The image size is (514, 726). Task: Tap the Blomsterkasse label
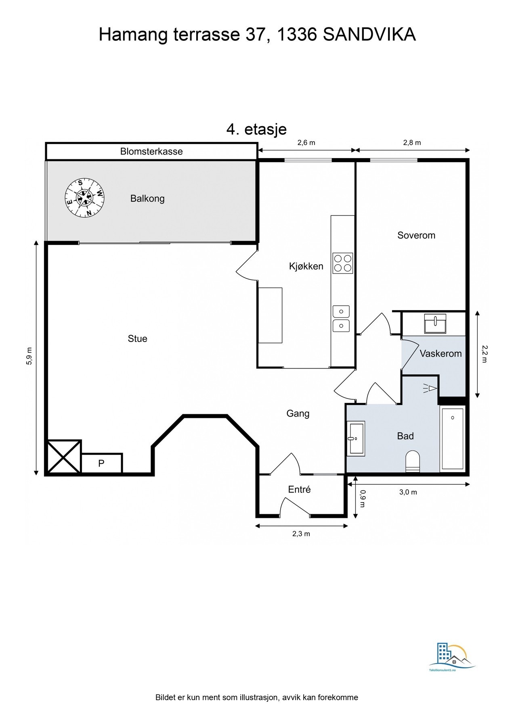(151, 152)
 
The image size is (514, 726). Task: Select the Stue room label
(137, 339)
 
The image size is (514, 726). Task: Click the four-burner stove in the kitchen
(342, 263)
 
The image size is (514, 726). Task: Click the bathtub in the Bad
(452, 438)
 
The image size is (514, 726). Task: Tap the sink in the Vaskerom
(435, 323)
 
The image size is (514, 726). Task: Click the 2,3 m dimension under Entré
(301, 534)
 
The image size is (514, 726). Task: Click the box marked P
(101, 463)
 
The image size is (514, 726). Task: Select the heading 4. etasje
(256, 129)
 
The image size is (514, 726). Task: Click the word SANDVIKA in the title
(369, 35)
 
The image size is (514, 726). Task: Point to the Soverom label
(416, 236)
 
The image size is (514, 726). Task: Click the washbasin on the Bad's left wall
(356, 438)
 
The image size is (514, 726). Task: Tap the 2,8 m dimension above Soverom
(412, 143)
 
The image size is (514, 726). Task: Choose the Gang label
(298, 413)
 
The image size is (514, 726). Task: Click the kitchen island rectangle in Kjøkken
(270, 315)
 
